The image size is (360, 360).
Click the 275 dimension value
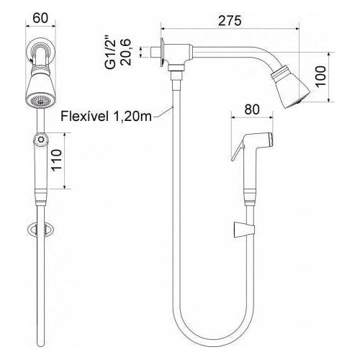(230, 21)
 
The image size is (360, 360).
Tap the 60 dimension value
(40, 18)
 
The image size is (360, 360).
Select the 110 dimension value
(57, 160)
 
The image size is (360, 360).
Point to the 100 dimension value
(320, 76)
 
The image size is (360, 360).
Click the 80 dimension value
(252, 109)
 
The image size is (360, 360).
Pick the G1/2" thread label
(111, 53)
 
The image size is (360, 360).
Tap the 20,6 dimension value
(126, 52)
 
